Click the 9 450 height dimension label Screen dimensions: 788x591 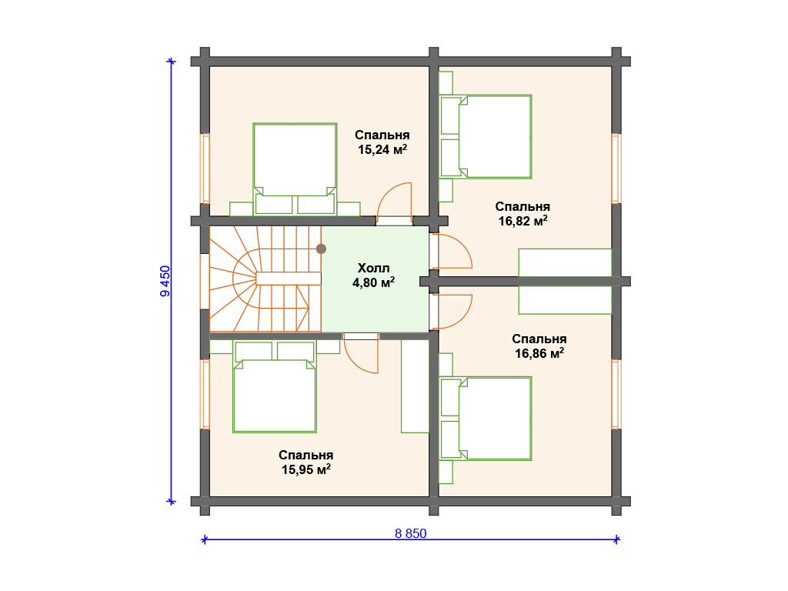coord(165,281)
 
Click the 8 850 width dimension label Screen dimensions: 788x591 coord(411,533)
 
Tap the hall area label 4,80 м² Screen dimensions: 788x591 coord(373,282)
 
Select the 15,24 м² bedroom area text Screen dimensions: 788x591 coord(382,149)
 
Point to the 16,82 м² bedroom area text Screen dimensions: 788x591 coord(523,221)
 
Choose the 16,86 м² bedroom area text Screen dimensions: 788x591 coord(539,353)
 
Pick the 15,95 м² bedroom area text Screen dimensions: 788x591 coord(306,469)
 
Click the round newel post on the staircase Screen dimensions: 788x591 coord(321,249)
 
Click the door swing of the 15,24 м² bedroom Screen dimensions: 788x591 coord(388,193)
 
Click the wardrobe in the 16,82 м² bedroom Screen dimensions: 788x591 coord(565,262)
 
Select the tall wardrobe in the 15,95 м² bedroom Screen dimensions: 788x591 coord(415,386)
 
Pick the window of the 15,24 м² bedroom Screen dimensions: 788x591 coord(205,169)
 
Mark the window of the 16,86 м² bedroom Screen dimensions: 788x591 coord(616,394)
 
